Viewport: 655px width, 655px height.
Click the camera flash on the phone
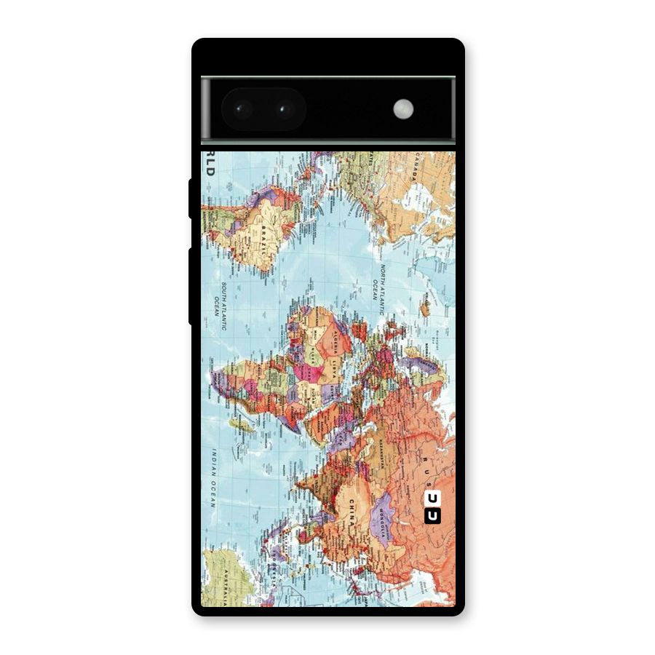[x=403, y=109]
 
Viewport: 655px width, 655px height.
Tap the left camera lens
[x=242, y=110]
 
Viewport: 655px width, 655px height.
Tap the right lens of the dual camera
[x=283, y=110]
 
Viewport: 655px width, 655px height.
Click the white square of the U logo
[x=432, y=499]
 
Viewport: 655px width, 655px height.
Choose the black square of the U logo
[x=432, y=516]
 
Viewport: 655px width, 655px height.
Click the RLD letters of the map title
[x=210, y=164]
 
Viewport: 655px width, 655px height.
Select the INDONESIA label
[x=277, y=560]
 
